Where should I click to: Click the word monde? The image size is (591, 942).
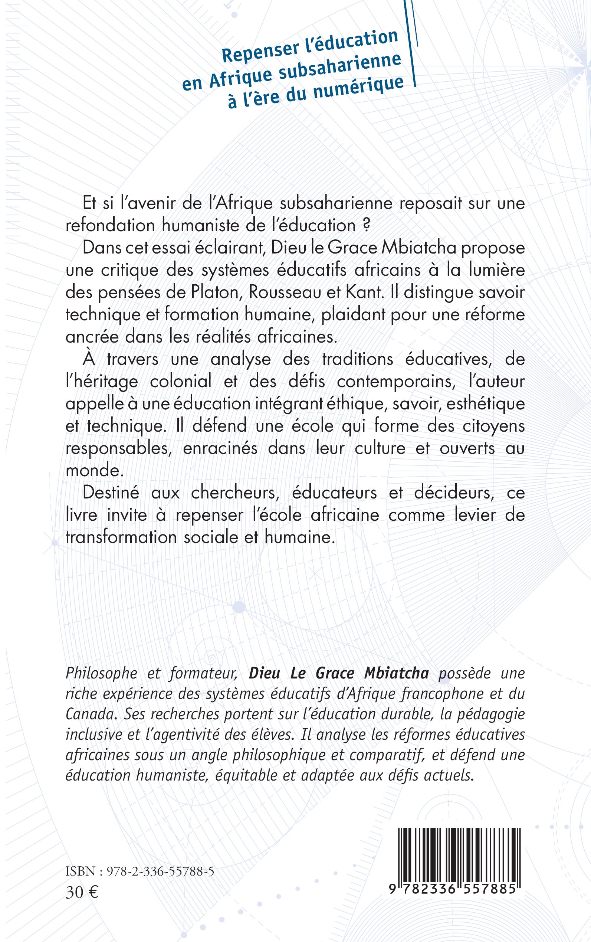pos(94,470)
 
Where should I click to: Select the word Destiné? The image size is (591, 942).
pos(111,493)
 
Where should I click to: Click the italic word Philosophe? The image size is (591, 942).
pos(101,673)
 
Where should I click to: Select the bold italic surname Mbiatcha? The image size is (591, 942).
pos(396,673)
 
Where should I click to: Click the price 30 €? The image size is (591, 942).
pos(82,892)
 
